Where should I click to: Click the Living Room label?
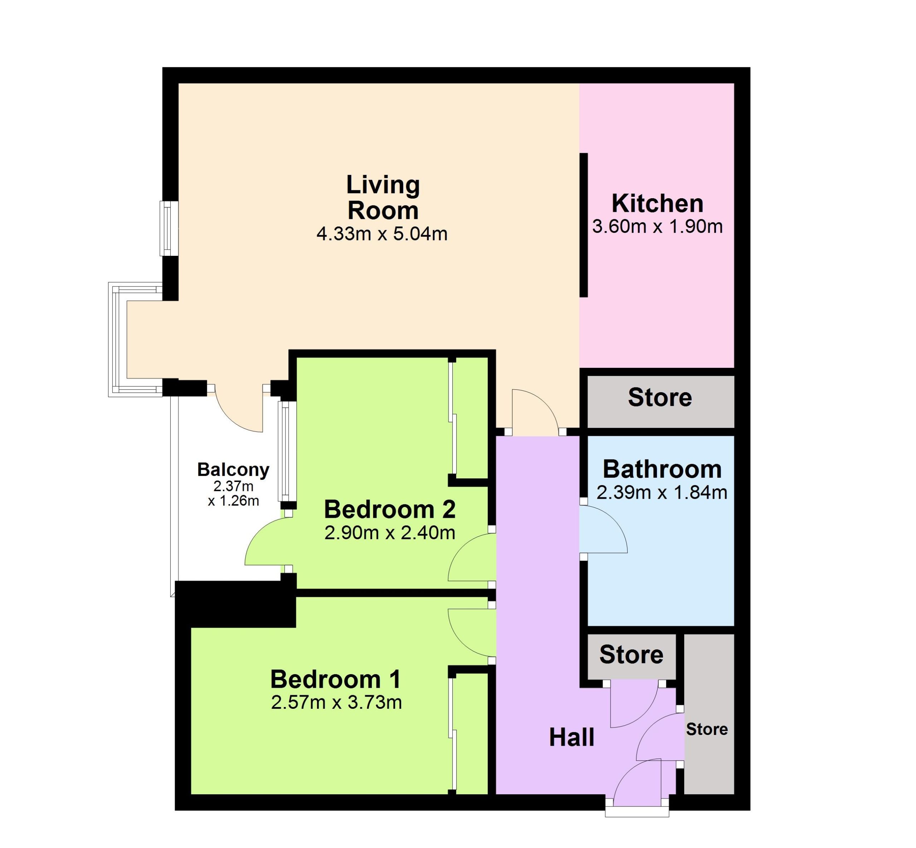(x=383, y=198)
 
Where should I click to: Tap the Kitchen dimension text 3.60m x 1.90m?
(x=657, y=227)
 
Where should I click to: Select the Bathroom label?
(x=662, y=469)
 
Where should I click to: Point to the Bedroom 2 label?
(x=390, y=510)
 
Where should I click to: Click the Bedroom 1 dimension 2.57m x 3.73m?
(x=336, y=702)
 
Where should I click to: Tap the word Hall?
(x=571, y=737)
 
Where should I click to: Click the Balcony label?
(x=233, y=469)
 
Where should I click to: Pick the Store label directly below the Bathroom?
(x=631, y=654)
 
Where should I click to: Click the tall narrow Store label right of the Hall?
(x=707, y=729)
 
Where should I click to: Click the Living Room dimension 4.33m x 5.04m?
(x=382, y=234)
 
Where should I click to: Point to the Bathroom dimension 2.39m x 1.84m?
(x=662, y=492)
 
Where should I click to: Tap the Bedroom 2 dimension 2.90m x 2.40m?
(x=390, y=533)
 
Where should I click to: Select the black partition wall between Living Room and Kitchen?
(x=583, y=225)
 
